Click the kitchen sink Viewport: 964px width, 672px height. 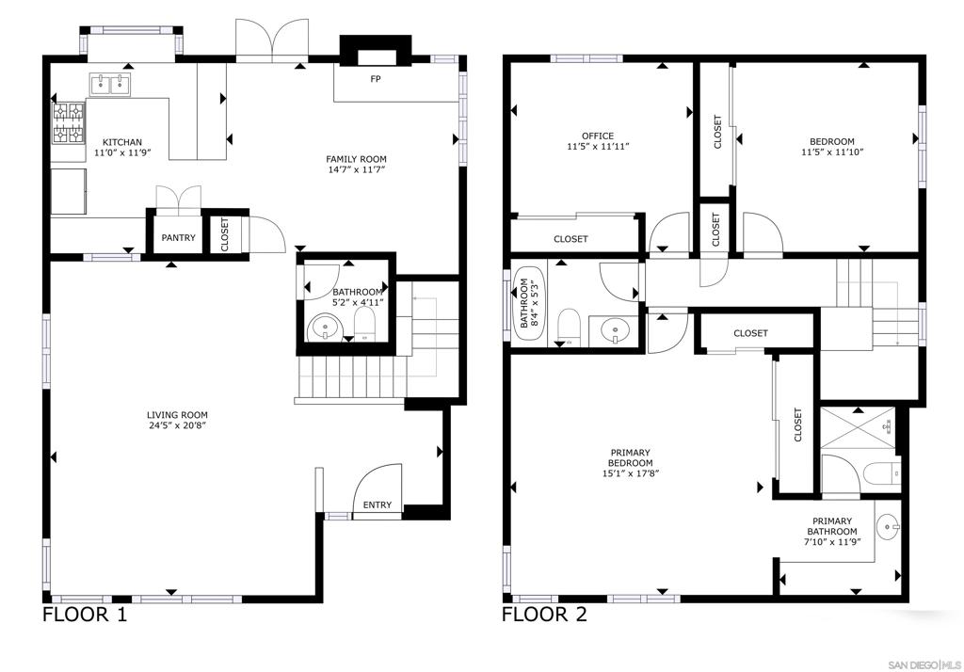click(x=111, y=84)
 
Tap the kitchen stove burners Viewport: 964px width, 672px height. click(x=68, y=123)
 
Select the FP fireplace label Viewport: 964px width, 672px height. click(x=375, y=79)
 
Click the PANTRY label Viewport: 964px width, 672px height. click(x=178, y=238)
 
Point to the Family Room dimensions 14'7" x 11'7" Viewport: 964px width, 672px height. click(x=357, y=169)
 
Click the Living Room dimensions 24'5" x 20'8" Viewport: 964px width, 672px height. click(x=177, y=425)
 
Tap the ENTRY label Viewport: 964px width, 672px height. click(x=377, y=504)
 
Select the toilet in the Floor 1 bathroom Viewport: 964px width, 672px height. click(x=364, y=323)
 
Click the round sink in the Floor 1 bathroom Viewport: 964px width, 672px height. click(x=324, y=328)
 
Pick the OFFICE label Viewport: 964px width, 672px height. click(x=598, y=136)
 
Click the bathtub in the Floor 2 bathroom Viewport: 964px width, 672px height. click(x=529, y=303)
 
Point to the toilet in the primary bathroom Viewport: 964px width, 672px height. click(x=881, y=474)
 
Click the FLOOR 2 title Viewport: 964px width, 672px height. click(x=544, y=615)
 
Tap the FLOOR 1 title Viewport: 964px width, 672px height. click(x=85, y=615)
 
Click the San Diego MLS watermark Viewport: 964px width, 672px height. click(x=924, y=665)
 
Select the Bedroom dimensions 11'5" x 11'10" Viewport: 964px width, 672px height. click(x=832, y=152)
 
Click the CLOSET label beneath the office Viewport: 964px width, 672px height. click(x=570, y=238)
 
